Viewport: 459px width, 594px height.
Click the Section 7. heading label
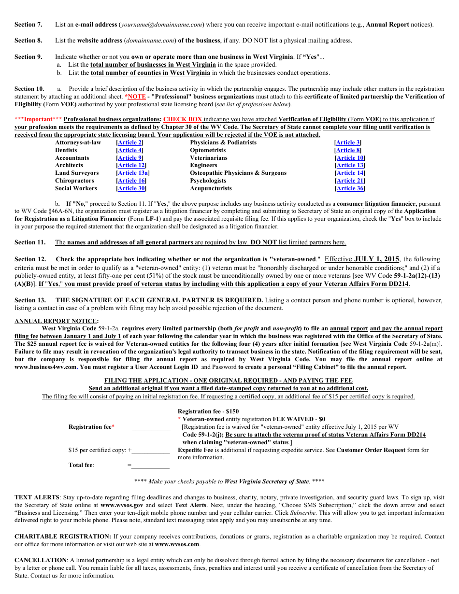pos(28,25)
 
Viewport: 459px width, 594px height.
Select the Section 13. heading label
pos(30,300)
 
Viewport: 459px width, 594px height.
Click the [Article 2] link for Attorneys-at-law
pos(129,142)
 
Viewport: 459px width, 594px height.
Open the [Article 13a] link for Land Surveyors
pos(132,173)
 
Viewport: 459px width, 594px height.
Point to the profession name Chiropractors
pos(74,181)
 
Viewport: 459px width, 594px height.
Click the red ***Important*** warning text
pos(38,119)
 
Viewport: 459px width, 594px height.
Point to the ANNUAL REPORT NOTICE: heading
pos(57,321)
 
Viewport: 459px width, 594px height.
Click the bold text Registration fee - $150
pos(208,411)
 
